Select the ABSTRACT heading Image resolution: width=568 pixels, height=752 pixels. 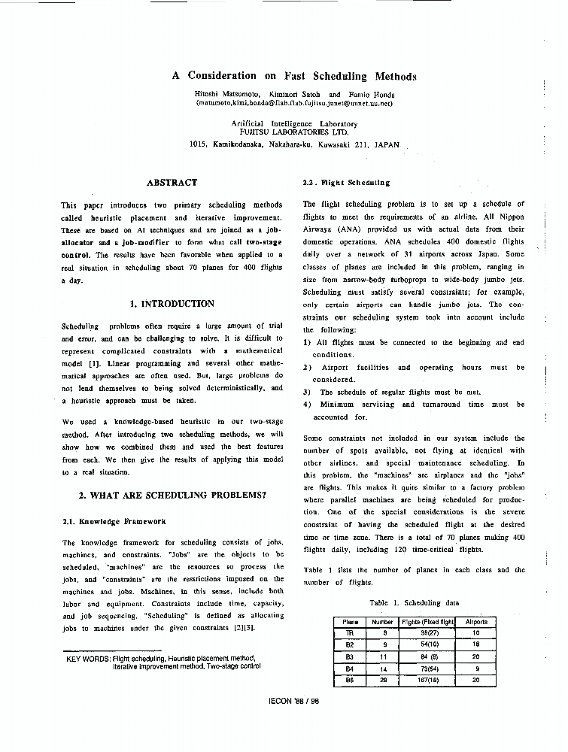click(x=172, y=183)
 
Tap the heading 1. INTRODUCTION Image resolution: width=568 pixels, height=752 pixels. click(x=172, y=304)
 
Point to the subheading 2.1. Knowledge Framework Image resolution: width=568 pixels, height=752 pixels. click(x=114, y=521)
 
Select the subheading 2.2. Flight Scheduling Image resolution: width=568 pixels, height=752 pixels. click(x=346, y=183)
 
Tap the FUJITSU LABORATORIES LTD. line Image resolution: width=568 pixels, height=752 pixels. click(x=294, y=132)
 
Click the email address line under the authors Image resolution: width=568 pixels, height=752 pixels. click(x=294, y=103)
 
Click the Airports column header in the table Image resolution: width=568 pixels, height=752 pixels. click(x=476, y=622)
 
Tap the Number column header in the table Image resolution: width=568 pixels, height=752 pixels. click(x=383, y=622)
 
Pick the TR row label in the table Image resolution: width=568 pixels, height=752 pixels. click(x=349, y=633)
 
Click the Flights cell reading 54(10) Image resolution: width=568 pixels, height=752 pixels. click(x=429, y=644)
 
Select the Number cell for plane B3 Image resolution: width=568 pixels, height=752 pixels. click(x=383, y=656)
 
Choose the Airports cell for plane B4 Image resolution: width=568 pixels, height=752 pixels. click(x=476, y=668)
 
